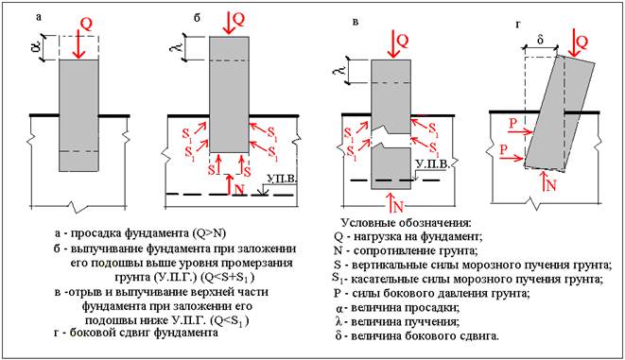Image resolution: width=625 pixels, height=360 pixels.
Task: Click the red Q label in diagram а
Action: pos(86,25)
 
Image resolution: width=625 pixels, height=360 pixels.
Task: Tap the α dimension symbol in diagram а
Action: pos(36,48)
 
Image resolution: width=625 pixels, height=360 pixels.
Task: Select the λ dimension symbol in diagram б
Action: pos(178,47)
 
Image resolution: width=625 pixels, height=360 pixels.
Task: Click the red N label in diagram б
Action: pos(239,189)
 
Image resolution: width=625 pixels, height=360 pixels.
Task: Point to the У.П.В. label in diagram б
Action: pos(282,179)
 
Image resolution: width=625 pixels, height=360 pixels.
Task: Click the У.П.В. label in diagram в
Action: pos(432,164)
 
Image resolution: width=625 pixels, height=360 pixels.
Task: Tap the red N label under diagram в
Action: pos(399,207)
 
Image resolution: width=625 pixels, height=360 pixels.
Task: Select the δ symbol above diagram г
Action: pos(540,40)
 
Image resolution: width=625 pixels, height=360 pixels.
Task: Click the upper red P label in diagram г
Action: pos(513,123)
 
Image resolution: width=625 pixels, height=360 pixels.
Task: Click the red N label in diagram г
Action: pos(551,186)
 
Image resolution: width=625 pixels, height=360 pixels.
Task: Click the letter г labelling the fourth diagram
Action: pos(518,25)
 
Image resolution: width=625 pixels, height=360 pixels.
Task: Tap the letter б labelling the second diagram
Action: pos(197,18)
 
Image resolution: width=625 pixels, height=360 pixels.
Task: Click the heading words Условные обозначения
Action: pos(407,222)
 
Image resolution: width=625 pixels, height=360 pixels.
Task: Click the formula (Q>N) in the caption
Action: pos(208,233)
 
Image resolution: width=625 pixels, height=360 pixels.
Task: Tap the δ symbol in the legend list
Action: pos(339,336)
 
